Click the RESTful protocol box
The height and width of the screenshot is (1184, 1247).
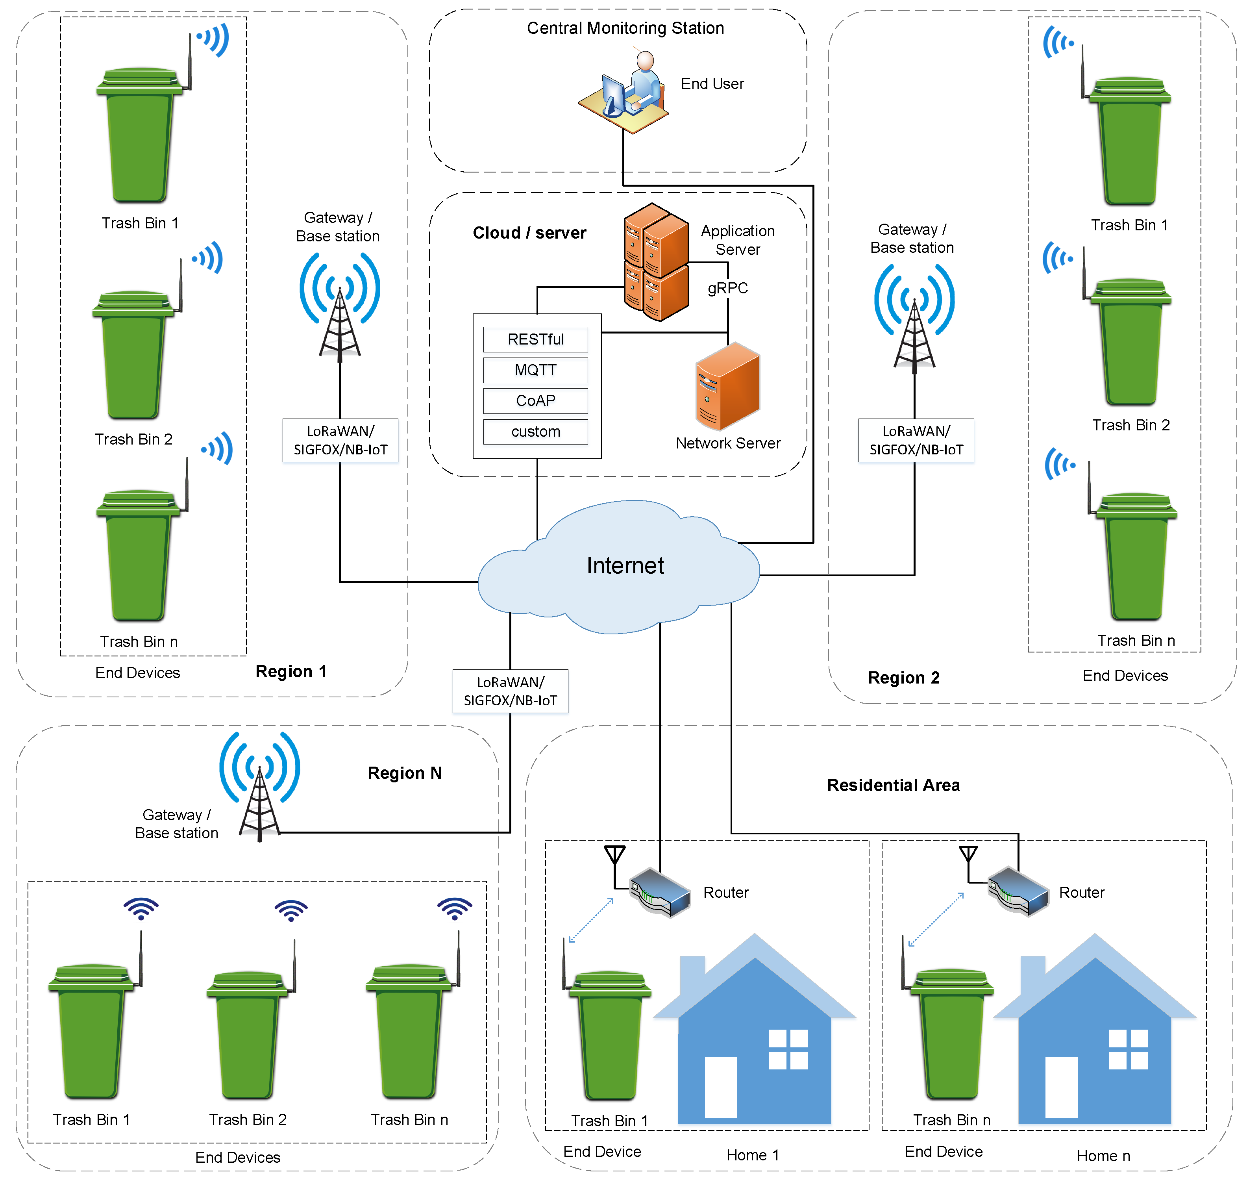[x=535, y=339]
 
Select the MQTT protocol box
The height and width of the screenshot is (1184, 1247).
[x=535, y=371]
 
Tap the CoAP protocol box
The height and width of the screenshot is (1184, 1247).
[x=535, y=401]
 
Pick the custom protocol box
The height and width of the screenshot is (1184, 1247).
[x=535, y=432]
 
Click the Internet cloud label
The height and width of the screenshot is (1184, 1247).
[x=625, y=565]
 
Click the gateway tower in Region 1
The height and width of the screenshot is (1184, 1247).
[x=340, y=306]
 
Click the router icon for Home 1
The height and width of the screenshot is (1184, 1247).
[x=659, y=891]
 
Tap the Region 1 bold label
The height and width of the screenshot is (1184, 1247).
[x=291, y=671]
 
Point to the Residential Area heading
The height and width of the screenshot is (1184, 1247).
[x=893, y=785]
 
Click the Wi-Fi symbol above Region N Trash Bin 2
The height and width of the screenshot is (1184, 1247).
[x=291, y=910]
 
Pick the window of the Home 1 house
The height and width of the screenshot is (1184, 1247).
[x=788, y=1049]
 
